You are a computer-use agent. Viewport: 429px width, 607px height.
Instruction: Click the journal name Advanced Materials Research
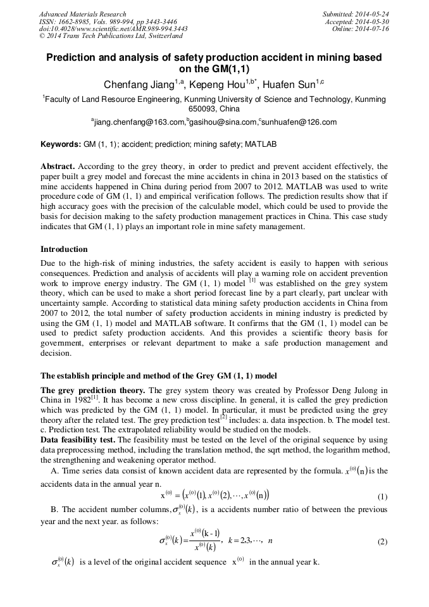(x=82, y=14)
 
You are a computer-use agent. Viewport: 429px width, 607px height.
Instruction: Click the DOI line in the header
(x=113, y=29)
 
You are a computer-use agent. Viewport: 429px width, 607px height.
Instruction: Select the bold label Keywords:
(x=60, y=144)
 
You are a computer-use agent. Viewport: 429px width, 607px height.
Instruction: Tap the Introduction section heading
(x=64, y=249)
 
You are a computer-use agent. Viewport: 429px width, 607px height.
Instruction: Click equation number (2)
(x=382, y=542)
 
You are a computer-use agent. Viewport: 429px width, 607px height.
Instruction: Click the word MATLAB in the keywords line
(x=260, y=144)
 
